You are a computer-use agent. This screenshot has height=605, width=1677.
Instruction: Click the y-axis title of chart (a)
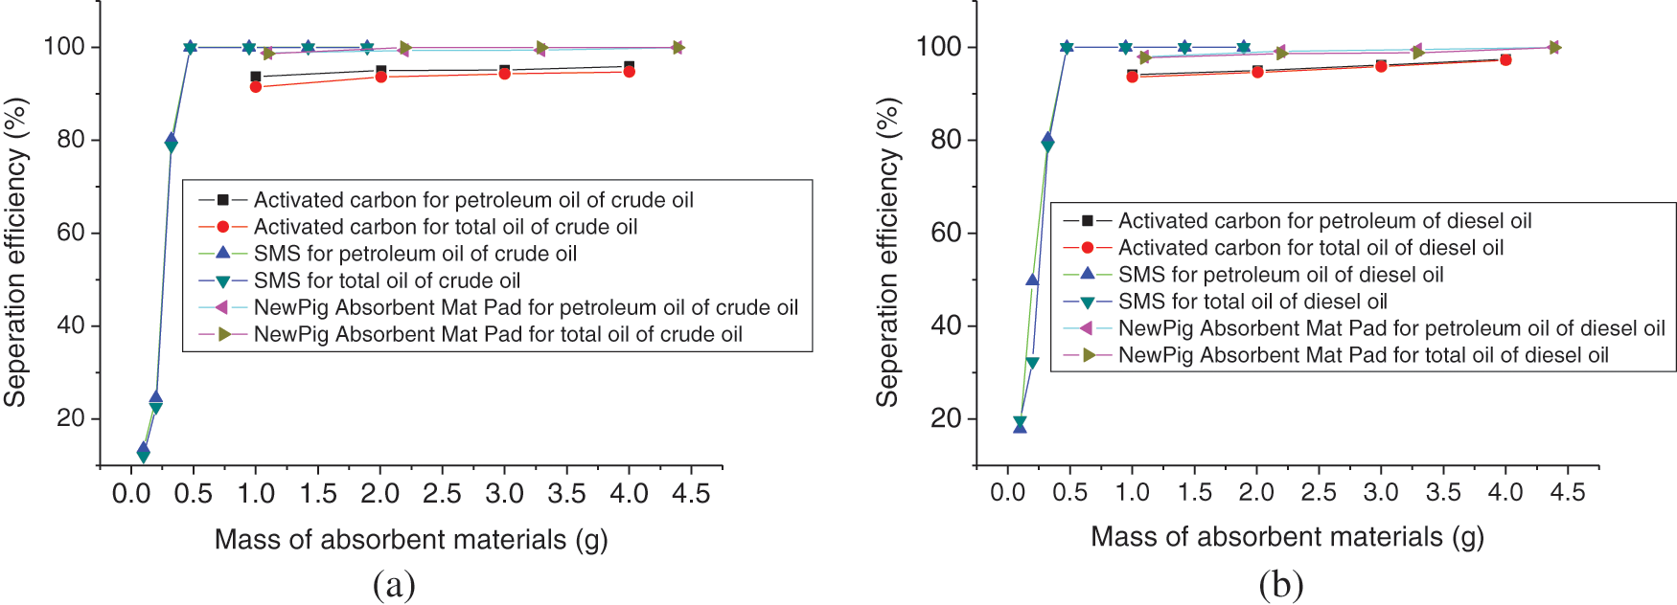tap(15, 252)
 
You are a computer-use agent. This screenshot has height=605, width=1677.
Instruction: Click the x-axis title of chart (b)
tap(1287, 537)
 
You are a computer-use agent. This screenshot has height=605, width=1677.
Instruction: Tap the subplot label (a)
tap(394, 584)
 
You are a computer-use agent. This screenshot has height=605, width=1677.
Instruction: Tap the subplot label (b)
tap(1280, 584)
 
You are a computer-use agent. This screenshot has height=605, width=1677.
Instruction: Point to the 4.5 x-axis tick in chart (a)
tap(691, 494)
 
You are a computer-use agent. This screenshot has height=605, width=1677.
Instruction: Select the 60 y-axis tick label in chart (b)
tap(946, 233)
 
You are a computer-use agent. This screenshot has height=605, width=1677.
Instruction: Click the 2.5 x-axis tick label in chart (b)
tap(1319, 492)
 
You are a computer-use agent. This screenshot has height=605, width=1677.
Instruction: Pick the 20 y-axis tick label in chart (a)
tap(70, 418)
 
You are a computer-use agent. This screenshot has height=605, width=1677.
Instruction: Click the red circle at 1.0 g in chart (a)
tap(256, 87)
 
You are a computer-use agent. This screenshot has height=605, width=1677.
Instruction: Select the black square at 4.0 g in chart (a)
tap(629, 66)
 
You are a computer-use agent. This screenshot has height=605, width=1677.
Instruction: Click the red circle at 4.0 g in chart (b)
tap(1505, 59)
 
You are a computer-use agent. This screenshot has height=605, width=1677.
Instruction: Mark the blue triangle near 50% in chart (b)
tap(1032, 280)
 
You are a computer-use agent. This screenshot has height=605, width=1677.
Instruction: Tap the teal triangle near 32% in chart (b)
tap(1032, 363)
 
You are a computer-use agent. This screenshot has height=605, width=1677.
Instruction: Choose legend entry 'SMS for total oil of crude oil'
tap(386, 280)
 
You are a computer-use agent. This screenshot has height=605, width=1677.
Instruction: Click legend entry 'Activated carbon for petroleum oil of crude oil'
tap(473, 200)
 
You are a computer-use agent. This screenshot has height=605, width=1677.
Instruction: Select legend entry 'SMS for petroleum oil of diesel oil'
tap(1280, 275)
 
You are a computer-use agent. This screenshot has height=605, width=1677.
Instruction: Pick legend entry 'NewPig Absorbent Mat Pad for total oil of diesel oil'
tap(1363, 355)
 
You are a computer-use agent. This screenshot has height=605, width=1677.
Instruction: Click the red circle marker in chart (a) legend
tap(222, 227)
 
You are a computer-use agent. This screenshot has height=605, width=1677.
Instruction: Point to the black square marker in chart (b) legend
tap(1087, 221)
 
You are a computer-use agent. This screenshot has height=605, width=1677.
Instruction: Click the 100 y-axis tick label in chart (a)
tap(64, 47)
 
